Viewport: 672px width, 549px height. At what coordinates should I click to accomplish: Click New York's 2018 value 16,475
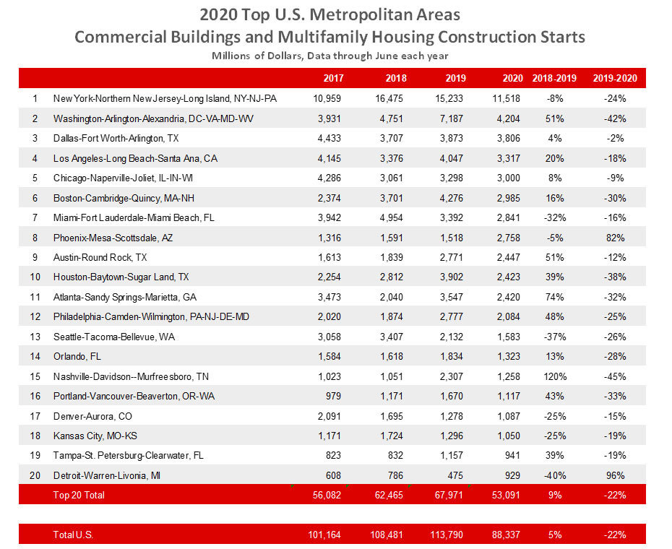(388, 98)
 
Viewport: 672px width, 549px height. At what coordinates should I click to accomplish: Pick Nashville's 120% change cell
(555, 376)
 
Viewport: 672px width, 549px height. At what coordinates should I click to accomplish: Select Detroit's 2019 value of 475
(454, 475)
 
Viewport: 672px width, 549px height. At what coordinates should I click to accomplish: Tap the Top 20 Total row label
(78, 496)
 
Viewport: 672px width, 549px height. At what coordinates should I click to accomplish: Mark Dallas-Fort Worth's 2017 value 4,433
(327, 138)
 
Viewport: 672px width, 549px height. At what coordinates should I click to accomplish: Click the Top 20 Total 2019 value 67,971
(448, 496)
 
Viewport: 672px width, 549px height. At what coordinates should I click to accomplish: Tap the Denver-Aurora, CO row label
(88, 416)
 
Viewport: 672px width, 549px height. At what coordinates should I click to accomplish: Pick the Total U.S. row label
(73, 535)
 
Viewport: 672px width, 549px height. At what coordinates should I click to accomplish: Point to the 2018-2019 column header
(554, 79)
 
